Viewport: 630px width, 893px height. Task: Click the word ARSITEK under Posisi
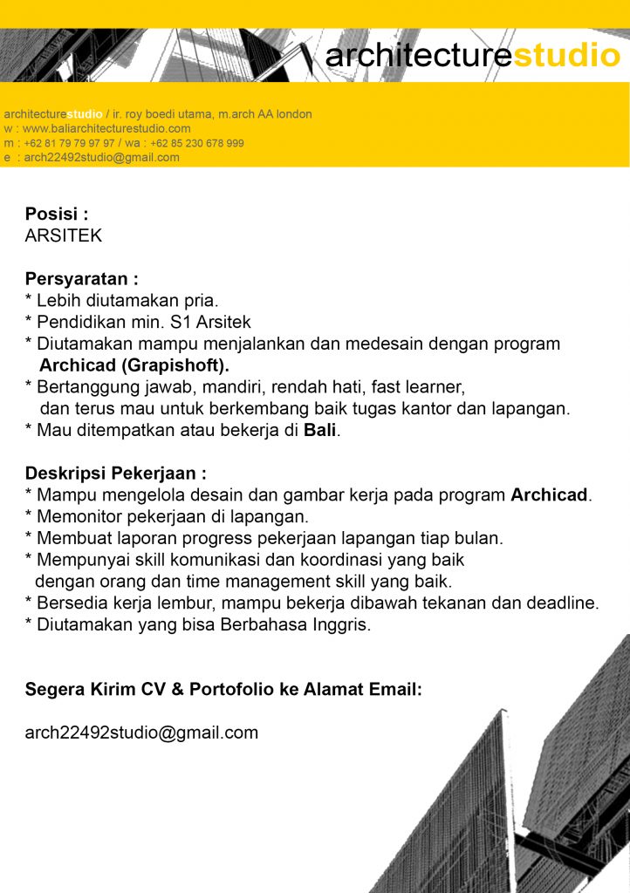[x=64, y=235]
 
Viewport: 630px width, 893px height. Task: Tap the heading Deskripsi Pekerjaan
[x=116, y=474]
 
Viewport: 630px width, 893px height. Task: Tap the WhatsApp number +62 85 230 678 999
[x=196, y=143]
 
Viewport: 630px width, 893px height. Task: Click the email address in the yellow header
[x=102, y=158]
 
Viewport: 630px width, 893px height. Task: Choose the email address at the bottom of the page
[x=141, y=733]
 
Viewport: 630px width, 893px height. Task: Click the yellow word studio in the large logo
[x=566, y=56]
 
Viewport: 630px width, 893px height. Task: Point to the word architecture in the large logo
[x=418, y=56]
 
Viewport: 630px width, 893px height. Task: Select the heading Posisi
[x=57, y=214]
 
